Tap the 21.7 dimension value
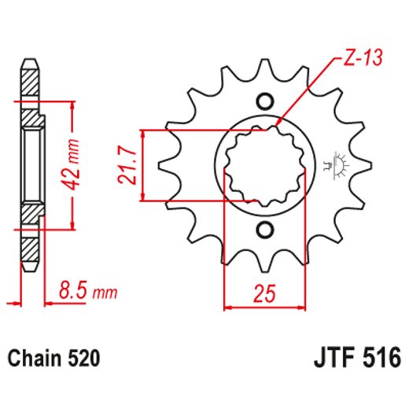127,164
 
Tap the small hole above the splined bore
264,101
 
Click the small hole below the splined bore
264,230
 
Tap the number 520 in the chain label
83,359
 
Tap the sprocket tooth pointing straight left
166,165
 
